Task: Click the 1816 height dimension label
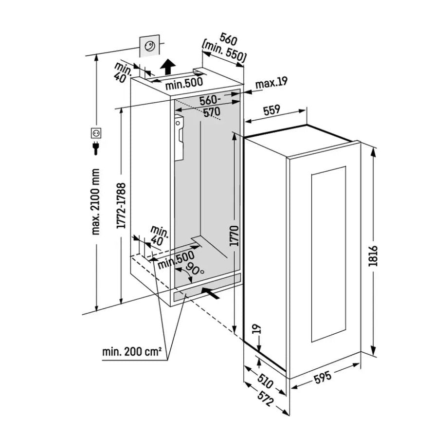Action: [x=373, y=256]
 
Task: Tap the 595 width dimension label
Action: [x=323, y=377]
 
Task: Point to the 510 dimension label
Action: [x=265, y=381]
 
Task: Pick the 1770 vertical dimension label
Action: [x=235, y=235]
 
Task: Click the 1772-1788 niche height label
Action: [x=121, y=205]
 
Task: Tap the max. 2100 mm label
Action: [x=95, y=201]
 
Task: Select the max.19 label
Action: [x=271, y=82]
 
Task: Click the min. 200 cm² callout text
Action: [x=132, y=352]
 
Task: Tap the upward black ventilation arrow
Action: [x=168, y=66]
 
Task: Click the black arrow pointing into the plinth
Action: [x=211, y=293]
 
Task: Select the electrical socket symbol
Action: [x=96, y=133]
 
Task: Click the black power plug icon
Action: [x=96, y=148]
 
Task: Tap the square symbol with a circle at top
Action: [x=149, y=46]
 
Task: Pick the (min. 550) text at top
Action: [x=224, y=52]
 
